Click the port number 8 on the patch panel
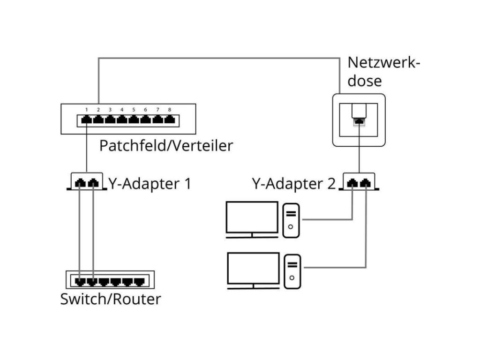point(169,110)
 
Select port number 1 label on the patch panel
point(87,110)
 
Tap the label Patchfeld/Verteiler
point(166,146)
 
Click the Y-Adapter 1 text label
point(150,183)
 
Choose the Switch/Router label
point(111,299)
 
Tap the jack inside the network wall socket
point(359,121)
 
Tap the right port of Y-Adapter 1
point(94,183)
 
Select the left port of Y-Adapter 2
point(353,183)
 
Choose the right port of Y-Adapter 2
point(366,183)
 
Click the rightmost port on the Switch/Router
point(139,282)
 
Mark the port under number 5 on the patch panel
point(134,120)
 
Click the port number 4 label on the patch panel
point(122,110)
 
